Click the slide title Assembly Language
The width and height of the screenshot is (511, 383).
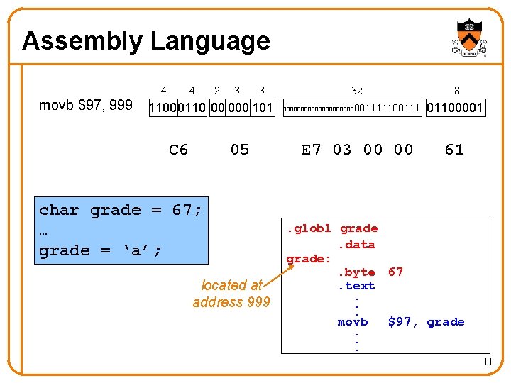145,41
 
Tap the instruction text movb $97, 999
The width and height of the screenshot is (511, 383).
85,106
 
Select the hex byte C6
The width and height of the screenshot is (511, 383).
179,150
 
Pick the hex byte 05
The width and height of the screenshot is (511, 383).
240,150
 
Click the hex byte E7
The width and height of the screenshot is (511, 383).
312,150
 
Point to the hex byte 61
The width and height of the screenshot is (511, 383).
454,150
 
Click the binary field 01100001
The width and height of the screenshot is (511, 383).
456,109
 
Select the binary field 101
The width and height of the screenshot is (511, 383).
263,109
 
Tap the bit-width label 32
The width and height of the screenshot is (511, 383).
357,90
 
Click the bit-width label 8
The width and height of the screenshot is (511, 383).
456,90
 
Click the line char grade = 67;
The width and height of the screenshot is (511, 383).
121,210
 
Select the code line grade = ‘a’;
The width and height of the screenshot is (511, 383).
100,250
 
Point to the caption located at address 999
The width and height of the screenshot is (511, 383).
231,294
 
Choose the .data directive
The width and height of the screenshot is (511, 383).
356,245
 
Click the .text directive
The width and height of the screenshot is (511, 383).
356,287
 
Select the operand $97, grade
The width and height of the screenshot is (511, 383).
426,322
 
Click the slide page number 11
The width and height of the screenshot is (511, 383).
488,362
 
